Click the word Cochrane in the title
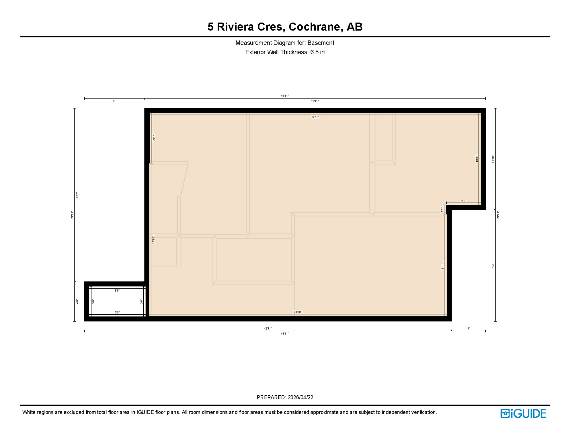tap(314, 27)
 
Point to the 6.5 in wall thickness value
tap(317, 52)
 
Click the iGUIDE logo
tap(523, 413)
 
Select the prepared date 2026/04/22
tap(300, 397)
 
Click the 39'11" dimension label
tap(315, 101)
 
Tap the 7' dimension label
tap(114, 101)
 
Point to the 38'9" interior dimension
tap(315, 117)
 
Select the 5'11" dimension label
tap(154, 138)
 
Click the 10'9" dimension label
tap(477, 159)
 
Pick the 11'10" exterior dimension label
tap(493, 159)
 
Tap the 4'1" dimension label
tap(463, 201)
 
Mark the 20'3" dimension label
tap(77, 195)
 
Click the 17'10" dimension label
tap(153, 240)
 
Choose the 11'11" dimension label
tap(442, 265)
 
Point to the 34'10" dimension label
tap(298, 312)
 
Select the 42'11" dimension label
tap(268, 328)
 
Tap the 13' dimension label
tap(493, 266)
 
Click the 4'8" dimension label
tap(77, 302)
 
